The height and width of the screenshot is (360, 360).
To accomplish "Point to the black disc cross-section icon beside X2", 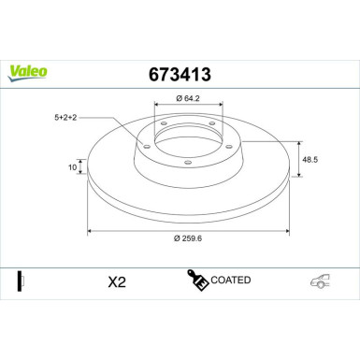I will coord(20,281).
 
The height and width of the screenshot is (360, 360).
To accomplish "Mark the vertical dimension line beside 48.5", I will coord(297,159).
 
